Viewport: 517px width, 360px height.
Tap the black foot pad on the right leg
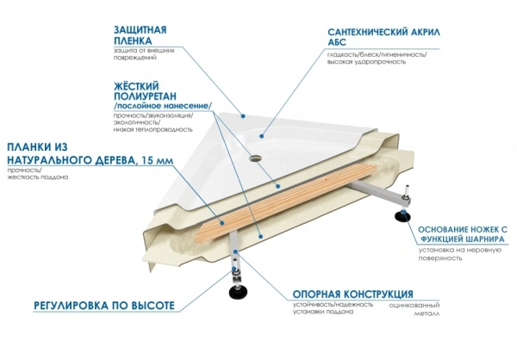point(402,218)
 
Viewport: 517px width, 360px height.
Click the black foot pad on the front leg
point(235,292)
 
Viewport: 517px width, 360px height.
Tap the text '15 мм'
point(150,160)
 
